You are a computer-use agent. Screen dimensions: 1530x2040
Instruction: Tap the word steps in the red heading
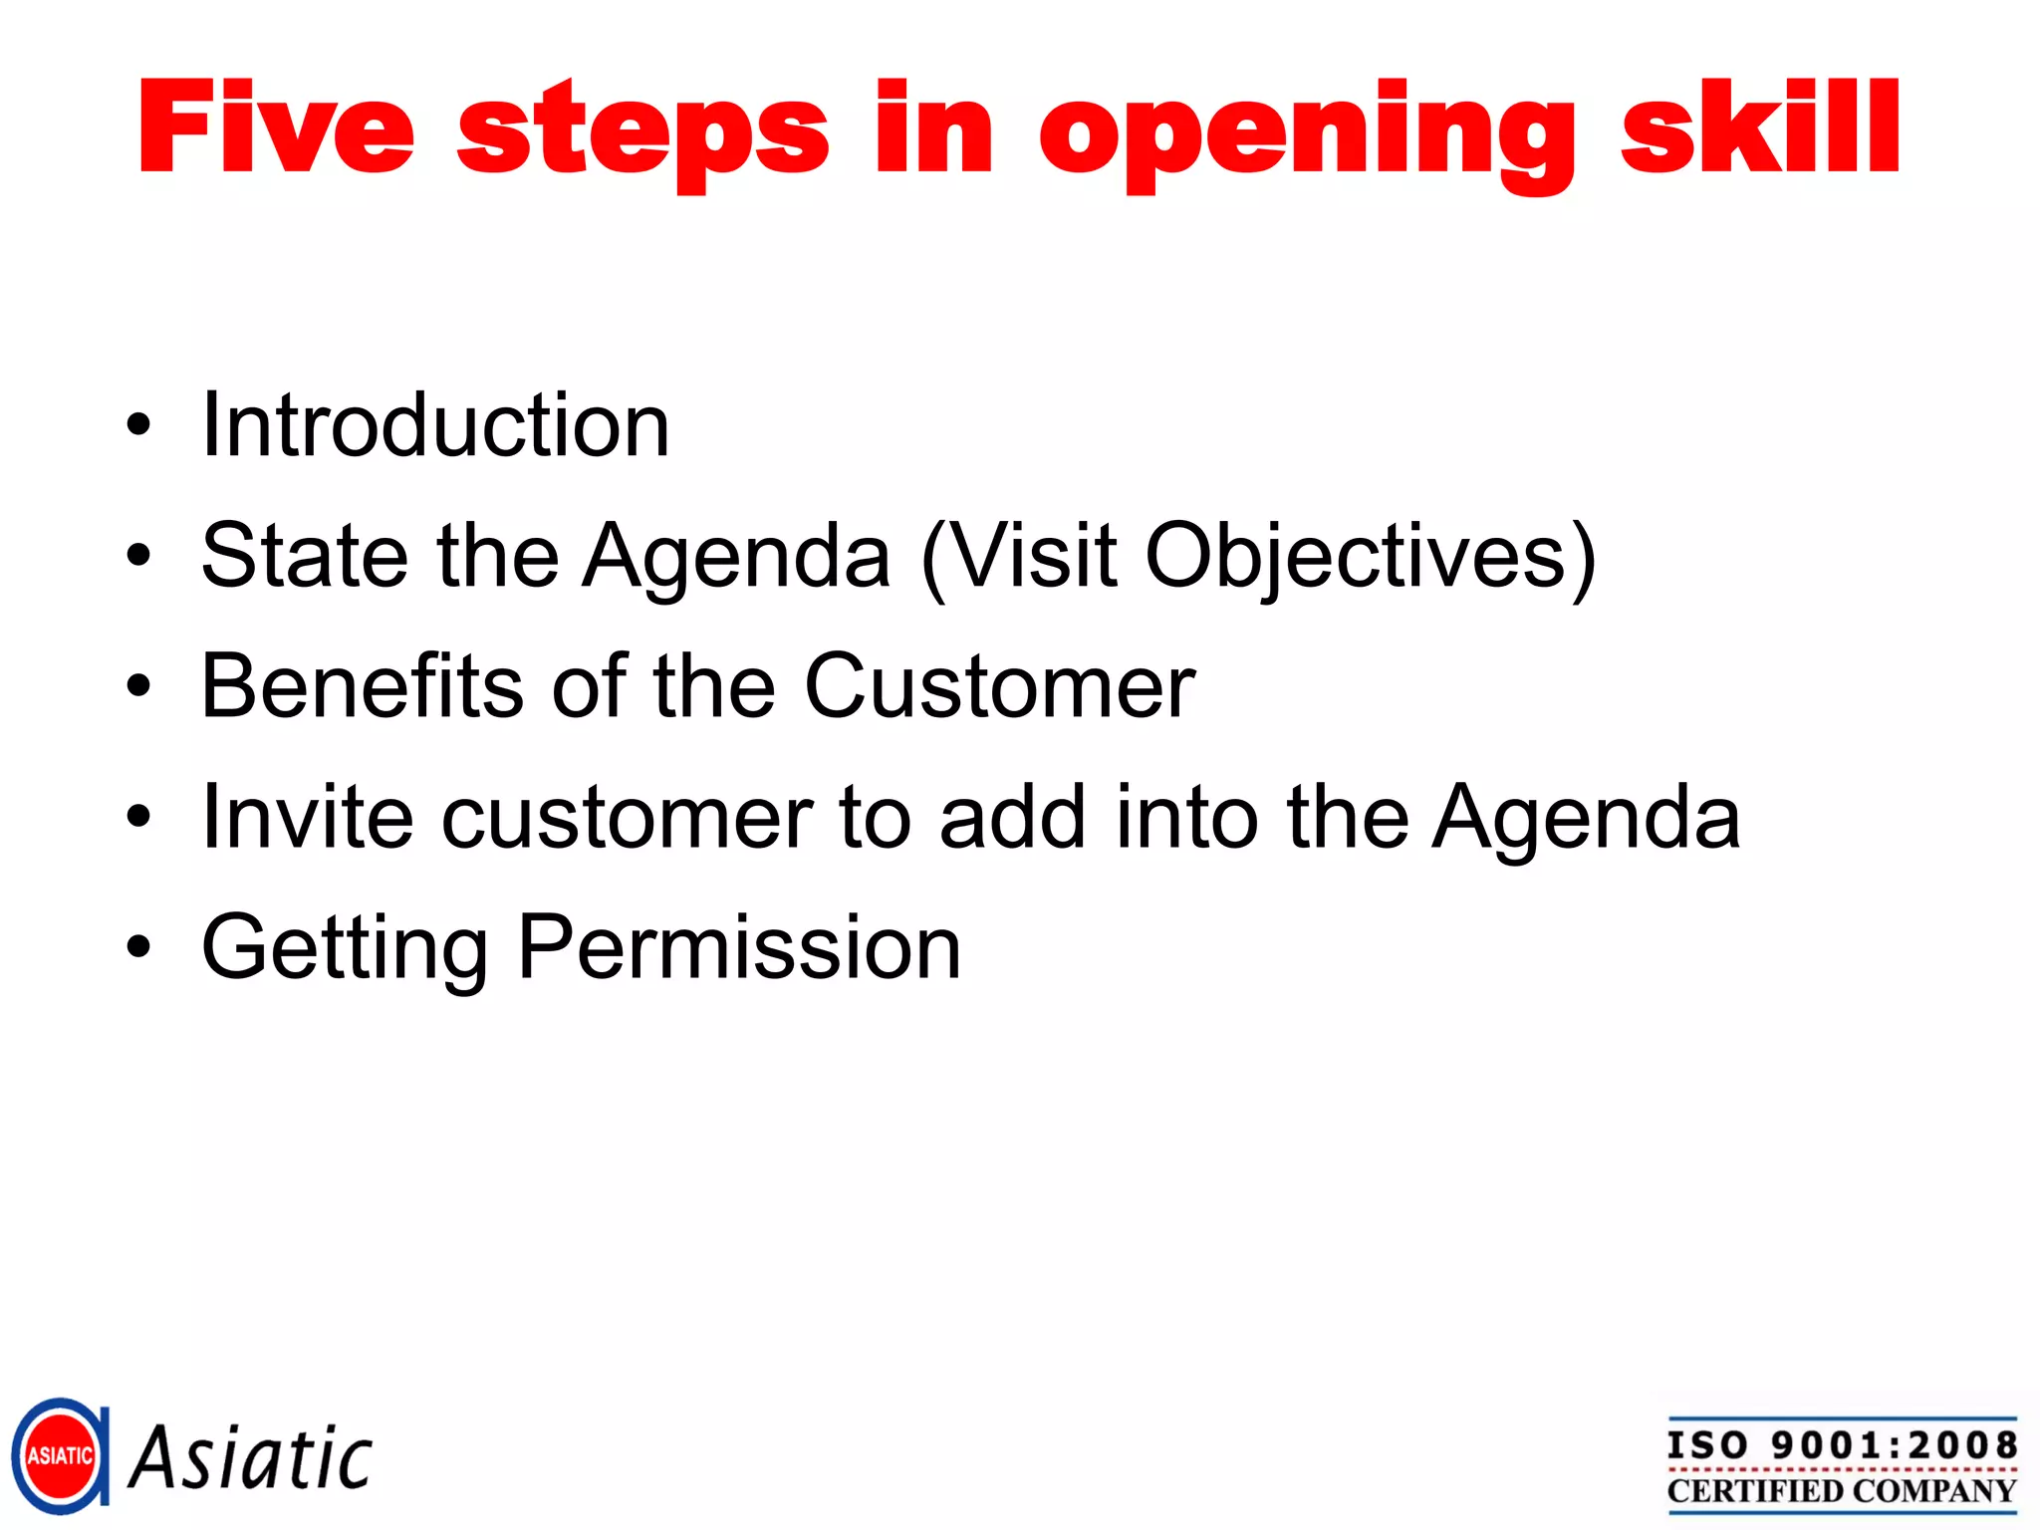click(642, 134)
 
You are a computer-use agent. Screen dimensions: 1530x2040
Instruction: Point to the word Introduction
click(435, 425)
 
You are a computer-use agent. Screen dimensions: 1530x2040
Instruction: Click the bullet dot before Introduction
click(138, 426)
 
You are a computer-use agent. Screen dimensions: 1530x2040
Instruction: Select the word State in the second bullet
click(305, 556)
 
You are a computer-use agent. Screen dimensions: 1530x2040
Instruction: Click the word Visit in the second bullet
click(1036, 556)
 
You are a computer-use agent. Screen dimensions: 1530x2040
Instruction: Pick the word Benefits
click(363, 686)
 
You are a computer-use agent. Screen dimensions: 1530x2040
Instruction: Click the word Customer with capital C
click(999, 686)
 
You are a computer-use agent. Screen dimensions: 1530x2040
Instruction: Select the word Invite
click(307, 817)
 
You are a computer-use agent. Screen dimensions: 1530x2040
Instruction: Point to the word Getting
click(345, 948)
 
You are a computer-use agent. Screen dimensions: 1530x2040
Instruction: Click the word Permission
click(739, 948)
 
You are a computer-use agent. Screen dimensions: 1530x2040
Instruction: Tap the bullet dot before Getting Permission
click(138, 948)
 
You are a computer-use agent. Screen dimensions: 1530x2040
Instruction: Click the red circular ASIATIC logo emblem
click(60, 1456)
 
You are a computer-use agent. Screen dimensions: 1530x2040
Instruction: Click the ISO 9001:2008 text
click(1842, 1445)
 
